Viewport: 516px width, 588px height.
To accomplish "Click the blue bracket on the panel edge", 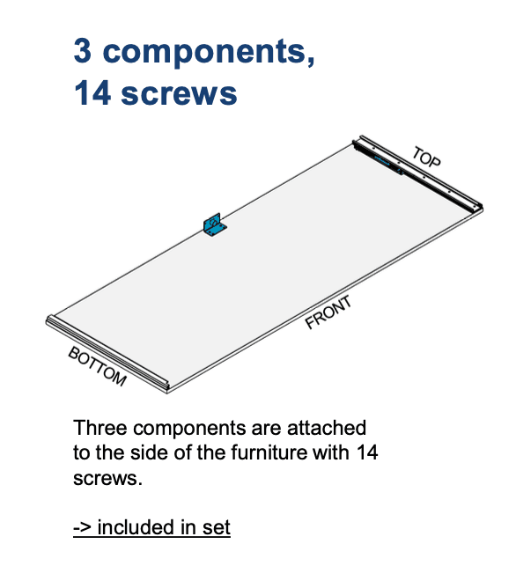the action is tap(215, 225).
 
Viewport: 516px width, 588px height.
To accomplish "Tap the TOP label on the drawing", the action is tap(426, 157).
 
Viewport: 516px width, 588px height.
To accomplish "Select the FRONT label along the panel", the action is tap(328, 312).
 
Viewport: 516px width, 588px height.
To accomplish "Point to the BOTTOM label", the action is tap(98, 366).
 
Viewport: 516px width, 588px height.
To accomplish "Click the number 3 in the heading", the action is tap(83, 51).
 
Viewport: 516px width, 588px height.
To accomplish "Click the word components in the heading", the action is tap(209, 53).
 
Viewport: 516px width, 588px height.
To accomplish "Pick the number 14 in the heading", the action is tap(92, 92).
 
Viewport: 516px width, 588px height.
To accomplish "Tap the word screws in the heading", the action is tap(179, 94).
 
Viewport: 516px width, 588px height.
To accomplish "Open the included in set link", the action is tap(151, 527).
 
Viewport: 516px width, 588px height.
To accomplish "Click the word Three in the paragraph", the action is tap(100, 428).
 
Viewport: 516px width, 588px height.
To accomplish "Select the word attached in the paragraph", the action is tap(327, 428).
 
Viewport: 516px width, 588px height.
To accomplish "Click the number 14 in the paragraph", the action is tap(367, 452).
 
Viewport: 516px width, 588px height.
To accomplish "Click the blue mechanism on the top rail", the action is tap(388, 163).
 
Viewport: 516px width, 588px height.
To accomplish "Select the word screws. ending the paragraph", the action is tap(108, 479).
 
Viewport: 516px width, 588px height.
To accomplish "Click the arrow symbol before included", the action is tap(82, 528).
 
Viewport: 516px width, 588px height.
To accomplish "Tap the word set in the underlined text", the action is tap(217, 527).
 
